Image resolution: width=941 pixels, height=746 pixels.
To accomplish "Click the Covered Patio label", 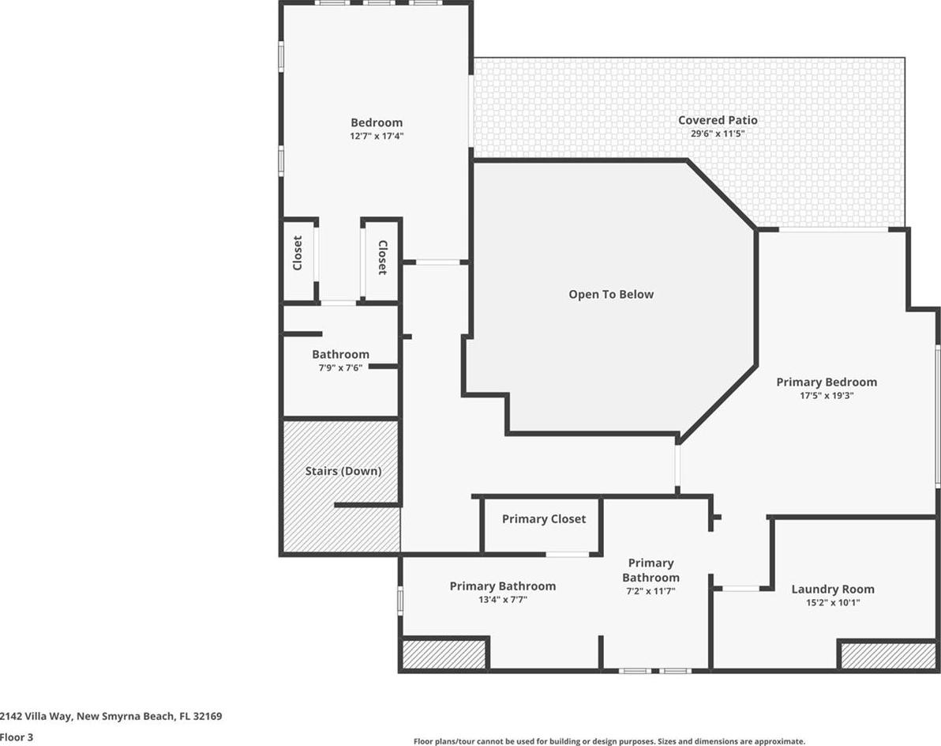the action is pyautogui.click(x=718, y=120).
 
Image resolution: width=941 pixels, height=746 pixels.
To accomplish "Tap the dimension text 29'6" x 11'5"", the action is pyautogui.click(x=718, y=134).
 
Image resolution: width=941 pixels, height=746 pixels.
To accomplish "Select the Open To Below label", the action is pyautogui.click(x=611, y=294).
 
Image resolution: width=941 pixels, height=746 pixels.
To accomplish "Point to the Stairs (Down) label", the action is pyautogui.click(x=343, y=471).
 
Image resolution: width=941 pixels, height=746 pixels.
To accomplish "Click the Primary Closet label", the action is pyautogui.click(x=544, y=519).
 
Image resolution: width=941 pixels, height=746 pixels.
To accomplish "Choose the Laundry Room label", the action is pyautogui.click(x=833, y=590).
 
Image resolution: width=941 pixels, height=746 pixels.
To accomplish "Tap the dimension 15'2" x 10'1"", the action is pyautogui.click(x=833, y=602).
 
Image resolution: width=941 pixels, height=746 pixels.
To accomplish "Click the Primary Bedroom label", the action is pyautogui.click(x=827, y=382).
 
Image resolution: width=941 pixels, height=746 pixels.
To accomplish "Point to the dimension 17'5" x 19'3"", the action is pyautogui.click(x=827, y=396).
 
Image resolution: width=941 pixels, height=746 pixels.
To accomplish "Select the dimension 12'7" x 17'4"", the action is pyautogui.click(x=377, y=137).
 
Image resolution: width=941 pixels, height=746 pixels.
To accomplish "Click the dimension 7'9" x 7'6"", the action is pyautogui.click(x=340, y=367).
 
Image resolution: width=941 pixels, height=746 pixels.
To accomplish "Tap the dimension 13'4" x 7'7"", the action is pyautogui.click(x=503, y=600).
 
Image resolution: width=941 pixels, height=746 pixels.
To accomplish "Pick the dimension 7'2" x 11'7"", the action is pyautogui.click(x=651, y=591).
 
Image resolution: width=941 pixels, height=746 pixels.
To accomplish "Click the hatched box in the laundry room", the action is pyautogui.click(x=888, y=656).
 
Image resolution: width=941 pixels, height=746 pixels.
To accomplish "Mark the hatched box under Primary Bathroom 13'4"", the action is pyautogui.click(x=444, y=654).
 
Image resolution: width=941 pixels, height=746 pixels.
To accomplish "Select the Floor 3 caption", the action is pyautogui.click(x=17, y=737).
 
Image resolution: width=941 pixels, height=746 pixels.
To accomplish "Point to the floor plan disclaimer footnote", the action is pyautogui.click(x=609, y=741).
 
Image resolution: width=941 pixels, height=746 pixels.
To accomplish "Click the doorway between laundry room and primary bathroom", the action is pyautogui.click(x=741, y=589).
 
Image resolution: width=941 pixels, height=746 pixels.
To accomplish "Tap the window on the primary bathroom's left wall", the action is pyautogui.click(x=400, y=601).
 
